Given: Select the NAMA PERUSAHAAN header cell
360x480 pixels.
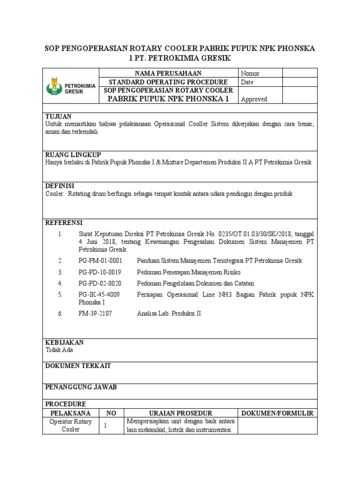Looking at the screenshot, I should click(x=168, y=73).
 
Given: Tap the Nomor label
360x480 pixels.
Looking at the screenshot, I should click(x=250, y=74).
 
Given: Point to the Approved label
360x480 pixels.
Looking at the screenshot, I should click(x=254, y=99).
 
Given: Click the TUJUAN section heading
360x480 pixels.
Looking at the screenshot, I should click(x=58, y=116).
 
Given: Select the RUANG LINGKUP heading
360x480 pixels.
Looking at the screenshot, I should click(x=73, y=155).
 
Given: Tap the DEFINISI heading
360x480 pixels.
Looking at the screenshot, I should click(x=60, y=186).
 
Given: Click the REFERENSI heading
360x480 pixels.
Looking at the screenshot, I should click(x=64, y=222).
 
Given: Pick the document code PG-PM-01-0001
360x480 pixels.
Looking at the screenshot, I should click(x=100, y=261).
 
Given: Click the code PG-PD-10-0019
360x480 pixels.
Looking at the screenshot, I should click(x=100, y=272).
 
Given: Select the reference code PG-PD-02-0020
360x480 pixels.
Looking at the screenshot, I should click(x=100, y=283).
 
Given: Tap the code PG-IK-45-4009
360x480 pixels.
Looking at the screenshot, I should click(x=99, y=294).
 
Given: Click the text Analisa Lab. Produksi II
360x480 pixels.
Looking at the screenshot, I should click(x=168, y=314).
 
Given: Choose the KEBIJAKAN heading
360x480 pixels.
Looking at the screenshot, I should click(x=64, y=342).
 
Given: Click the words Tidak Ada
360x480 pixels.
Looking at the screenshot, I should click(x=59, y=350).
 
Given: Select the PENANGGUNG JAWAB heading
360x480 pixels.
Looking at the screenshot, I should click(x=81, y=387).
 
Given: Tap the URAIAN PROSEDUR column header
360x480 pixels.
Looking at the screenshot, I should click(x=180, y=413).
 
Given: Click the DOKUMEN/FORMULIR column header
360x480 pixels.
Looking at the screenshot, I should click(x=277, y=413).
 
